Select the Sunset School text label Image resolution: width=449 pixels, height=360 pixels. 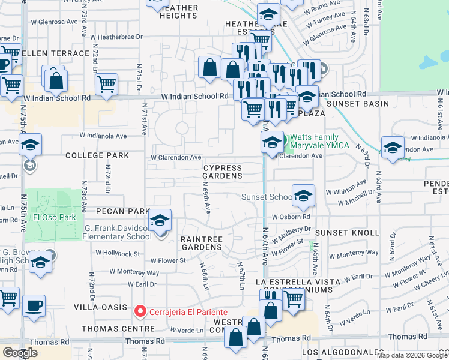(x=267, y=197)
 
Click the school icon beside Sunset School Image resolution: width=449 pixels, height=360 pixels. (x=303, y=194)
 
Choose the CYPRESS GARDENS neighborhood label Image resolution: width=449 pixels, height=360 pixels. (x=222, y=172)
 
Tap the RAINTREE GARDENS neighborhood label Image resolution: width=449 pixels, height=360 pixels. (x=202, y=243)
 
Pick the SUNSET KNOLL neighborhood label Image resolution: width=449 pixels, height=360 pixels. (x=348, y=232)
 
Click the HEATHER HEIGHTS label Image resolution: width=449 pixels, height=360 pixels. (x=179, y=12)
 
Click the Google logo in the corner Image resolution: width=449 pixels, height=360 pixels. (x=20, y=353)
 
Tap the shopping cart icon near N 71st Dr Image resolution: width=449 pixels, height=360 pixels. (x=106, y=85)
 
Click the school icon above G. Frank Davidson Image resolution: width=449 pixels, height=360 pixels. (x=160, y=220)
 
